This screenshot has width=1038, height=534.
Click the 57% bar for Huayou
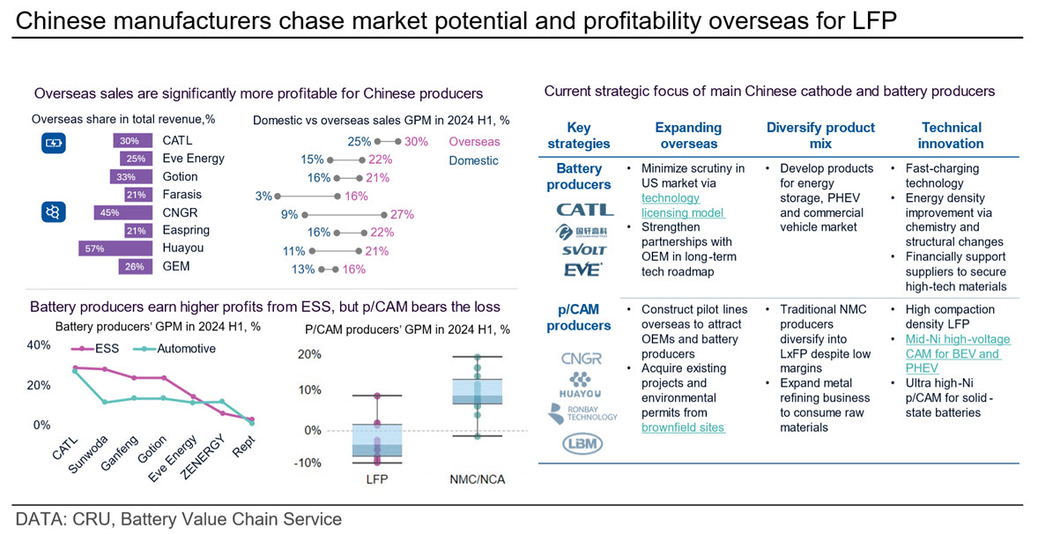tap(115, 248)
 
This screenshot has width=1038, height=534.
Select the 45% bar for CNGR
tap(123, 212)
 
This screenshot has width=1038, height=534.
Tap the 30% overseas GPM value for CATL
tap(416, 142)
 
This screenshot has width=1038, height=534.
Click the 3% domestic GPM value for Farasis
tap(263, 196)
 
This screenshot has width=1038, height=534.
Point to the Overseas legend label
tap(474, 142)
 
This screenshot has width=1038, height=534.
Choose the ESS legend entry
tap(96, 349)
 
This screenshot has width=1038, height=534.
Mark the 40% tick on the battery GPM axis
tap(39, 345)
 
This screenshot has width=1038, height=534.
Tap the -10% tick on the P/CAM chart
tap(308, 463)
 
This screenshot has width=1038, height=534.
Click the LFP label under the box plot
tap(377, 479)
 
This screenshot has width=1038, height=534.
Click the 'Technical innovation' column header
tap(952, 136)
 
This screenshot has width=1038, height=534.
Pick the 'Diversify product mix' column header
tap(820, 136)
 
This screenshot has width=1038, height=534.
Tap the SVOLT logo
tap(583, 251)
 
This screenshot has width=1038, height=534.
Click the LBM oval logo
tap(582, 443)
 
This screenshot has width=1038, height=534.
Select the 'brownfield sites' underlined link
tap(683, 427)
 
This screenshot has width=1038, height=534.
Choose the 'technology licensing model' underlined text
tap(683, 205)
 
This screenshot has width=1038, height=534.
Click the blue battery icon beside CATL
tap(54, 142)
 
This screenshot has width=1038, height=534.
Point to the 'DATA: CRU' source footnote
tap(178, 519)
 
